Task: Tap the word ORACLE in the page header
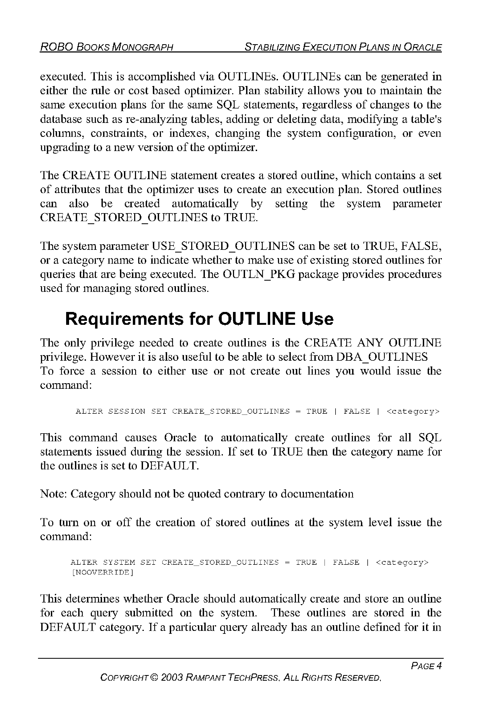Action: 423,47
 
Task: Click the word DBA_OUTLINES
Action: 382,357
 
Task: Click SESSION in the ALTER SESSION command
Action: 127,411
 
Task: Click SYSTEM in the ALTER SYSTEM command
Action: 119,562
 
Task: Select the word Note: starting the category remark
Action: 54,494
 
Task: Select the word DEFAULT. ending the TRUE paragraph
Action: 170,466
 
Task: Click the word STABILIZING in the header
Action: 272,47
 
